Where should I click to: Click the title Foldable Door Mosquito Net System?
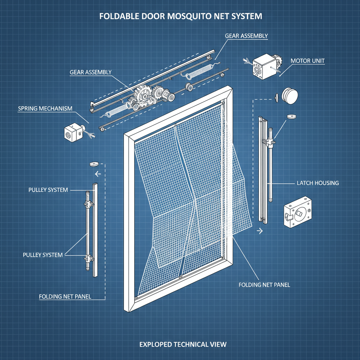click(180, 16)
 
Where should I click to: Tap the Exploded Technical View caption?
click(183, 344)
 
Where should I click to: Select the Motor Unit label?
click(307, 61)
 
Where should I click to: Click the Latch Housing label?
click(317, 183)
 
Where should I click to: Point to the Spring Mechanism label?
click(45, 109)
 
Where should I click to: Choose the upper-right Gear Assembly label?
click(246, 36)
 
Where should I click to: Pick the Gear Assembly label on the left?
click(90, 72)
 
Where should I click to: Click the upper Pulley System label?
click(48, 190)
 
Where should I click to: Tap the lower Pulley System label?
click(43, 255)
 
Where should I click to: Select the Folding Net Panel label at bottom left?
click(65, 296)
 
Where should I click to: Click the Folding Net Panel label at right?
click(264, 285)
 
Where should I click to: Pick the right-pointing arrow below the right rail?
click(261, 231)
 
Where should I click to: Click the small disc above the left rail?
click(94, 163)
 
